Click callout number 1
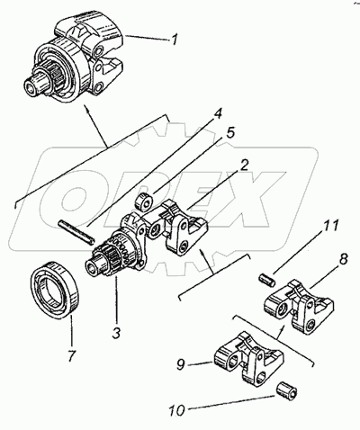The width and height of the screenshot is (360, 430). pyautogui.click(x=174, y=39)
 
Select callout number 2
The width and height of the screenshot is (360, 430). pyautogui.click(x=244, y=166)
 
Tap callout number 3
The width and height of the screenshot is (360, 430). pyautogui.click(x=116, y=332)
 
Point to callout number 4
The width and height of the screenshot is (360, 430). pyautogui.click(x=218, y=114)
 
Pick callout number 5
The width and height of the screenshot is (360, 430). pyautogui.click(x=230, y=133)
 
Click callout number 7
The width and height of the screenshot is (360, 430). pyautogui.click(x=72, y=355)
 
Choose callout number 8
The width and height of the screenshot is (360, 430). pyautogui.click(x=344, y=258)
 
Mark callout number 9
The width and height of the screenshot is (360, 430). pyautogui.click(x=180, y=364)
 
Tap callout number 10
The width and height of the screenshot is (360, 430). pyautogui.click(x=176, y=410)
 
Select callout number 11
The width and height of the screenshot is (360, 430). pyautogui.click(x=331, y=226)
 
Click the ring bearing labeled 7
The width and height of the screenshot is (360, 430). pyautogui.click(x=55, y=289)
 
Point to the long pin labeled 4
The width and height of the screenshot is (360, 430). pyautogui.click(x=76, y=232)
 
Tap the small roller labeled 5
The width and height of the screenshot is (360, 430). pyautogui.click(x=145, y=202)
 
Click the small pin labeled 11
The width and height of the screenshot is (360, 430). pyautogui.click(x=266, y=280)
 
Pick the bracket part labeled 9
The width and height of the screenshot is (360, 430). pyautogui.click(x=248, y=358)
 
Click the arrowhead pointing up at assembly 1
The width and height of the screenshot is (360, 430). pyautogui.click(x=86, y=109)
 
